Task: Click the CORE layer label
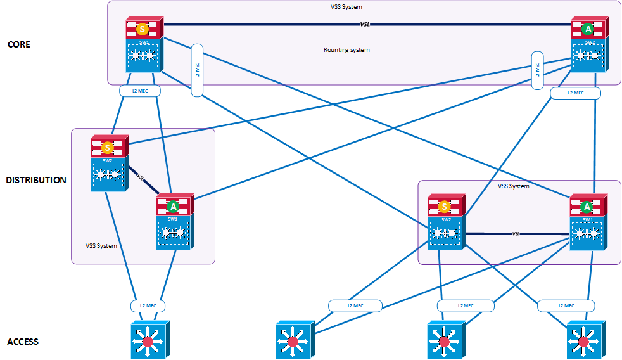pos(18,45)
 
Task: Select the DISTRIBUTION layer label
pos(36,181)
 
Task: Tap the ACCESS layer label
pos(23,342)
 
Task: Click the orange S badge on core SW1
pos(144,29)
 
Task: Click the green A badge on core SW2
pos(588,29)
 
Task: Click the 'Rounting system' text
pos(346,49)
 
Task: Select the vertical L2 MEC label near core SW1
pos(196,70)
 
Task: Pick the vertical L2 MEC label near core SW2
pos(538,66)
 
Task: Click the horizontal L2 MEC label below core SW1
pos(140,91)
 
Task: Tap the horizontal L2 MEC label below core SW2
pos(575,93)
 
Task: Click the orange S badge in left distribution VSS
pos(108,147)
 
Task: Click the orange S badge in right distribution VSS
pos(445,207)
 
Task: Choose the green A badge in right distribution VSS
pos(587,207)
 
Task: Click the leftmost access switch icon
pos(148,341)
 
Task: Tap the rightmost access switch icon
pos(583,341)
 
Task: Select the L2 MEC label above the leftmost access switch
pos(148,306)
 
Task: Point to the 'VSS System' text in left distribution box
pos(101,245)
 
